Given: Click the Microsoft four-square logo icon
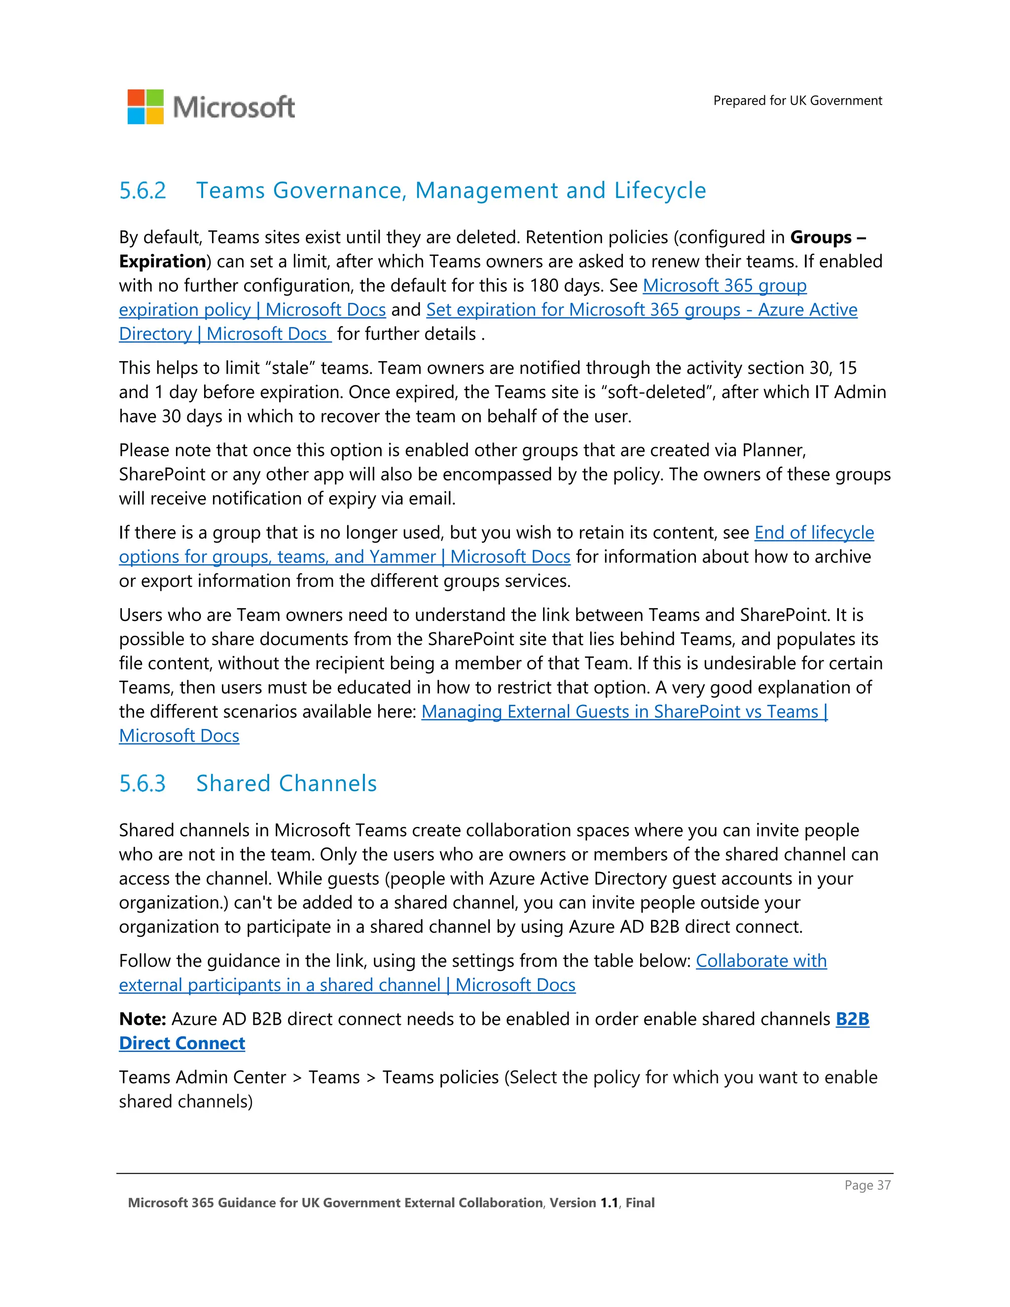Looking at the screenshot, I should pyautogui.click(x=145, y=107).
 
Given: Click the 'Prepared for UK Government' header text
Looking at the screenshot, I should pyautogui.click(x=797, y=101).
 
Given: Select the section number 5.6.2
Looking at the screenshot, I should pyautogui.click(x=143, y=191).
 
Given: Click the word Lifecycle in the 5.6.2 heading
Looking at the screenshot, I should pyautogui.click(x=660, y=191).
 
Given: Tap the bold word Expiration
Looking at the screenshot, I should pyautogui.click(x=162, y=261).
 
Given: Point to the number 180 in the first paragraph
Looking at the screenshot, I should pyautogui.click(x=544, y=286).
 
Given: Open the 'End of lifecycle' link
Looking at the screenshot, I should pyautogui.click(x=814, y=533).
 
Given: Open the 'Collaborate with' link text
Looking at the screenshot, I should pyautogui.click(x=760, y=960).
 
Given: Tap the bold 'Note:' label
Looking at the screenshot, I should pyautogui.click(x=143, y=1018).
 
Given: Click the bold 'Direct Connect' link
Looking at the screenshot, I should pyautogui.click(x=182, y=1043).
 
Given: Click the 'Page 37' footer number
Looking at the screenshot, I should pyautogui.click(x=867, y=1185).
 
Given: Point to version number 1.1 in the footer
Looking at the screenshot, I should pyautogui.click(x=609, y=1203).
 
